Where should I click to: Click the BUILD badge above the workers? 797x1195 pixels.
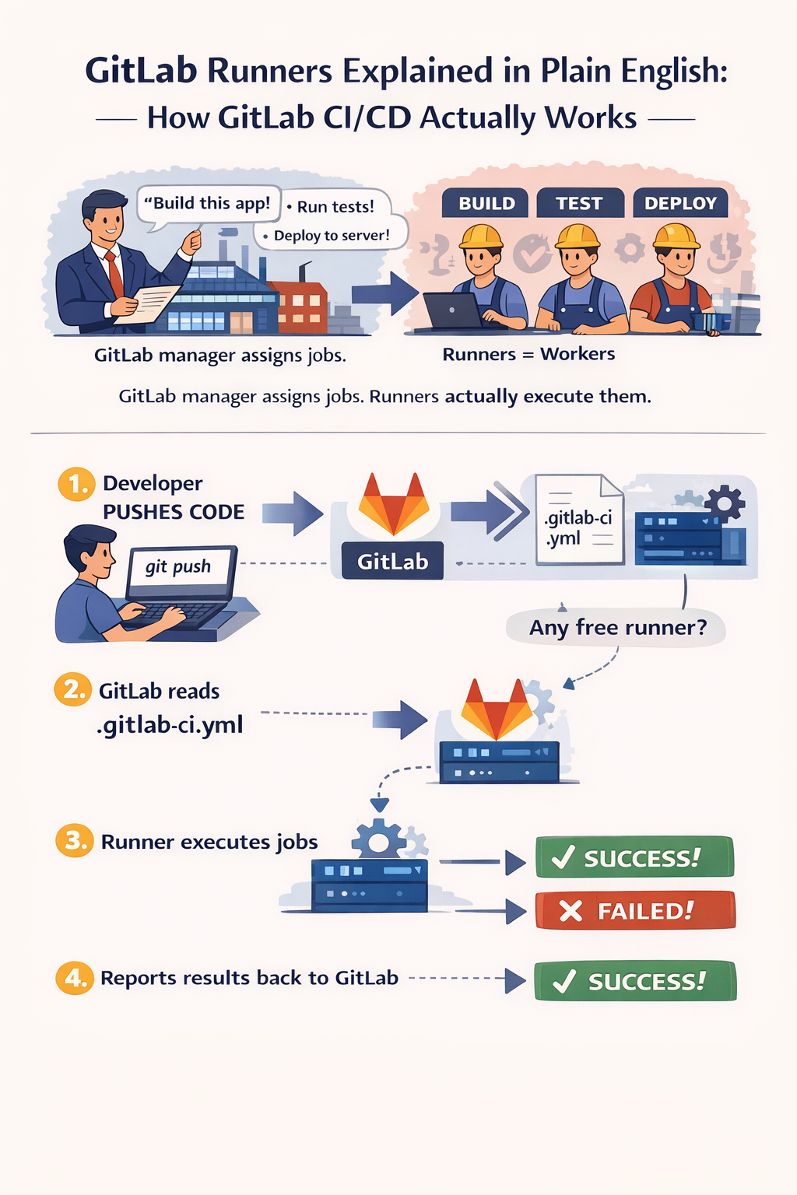(x=486, y=203)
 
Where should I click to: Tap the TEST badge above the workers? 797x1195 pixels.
(x=580, y=203)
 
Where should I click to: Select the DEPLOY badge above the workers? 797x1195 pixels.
(x=680, y=203)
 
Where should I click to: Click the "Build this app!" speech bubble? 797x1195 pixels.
(x=208, y=204)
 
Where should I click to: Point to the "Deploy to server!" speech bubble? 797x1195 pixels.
(x=332, y=235)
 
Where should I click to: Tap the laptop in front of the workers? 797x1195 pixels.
(x=451, y=311)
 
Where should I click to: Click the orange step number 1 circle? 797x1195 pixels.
(x=76, y=485)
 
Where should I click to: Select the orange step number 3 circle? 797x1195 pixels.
(x=75, y=841)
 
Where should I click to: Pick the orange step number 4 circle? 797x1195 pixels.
(x=75, y=977)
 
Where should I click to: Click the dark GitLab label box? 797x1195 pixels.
(x=392, y=561)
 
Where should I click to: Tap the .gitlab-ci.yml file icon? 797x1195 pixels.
(x=579, y=519)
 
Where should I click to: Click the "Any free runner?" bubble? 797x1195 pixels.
(x=616, y=627)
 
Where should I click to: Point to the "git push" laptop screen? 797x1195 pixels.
(x=179, y=567)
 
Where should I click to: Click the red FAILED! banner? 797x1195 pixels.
(x=635, y=910)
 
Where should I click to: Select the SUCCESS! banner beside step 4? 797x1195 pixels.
(x=635, y=981)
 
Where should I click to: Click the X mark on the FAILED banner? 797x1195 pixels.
(x=571, y=911)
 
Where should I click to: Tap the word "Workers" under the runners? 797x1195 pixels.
(x=578, y=354)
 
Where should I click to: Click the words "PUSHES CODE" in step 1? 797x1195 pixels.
(x=174, y=512)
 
